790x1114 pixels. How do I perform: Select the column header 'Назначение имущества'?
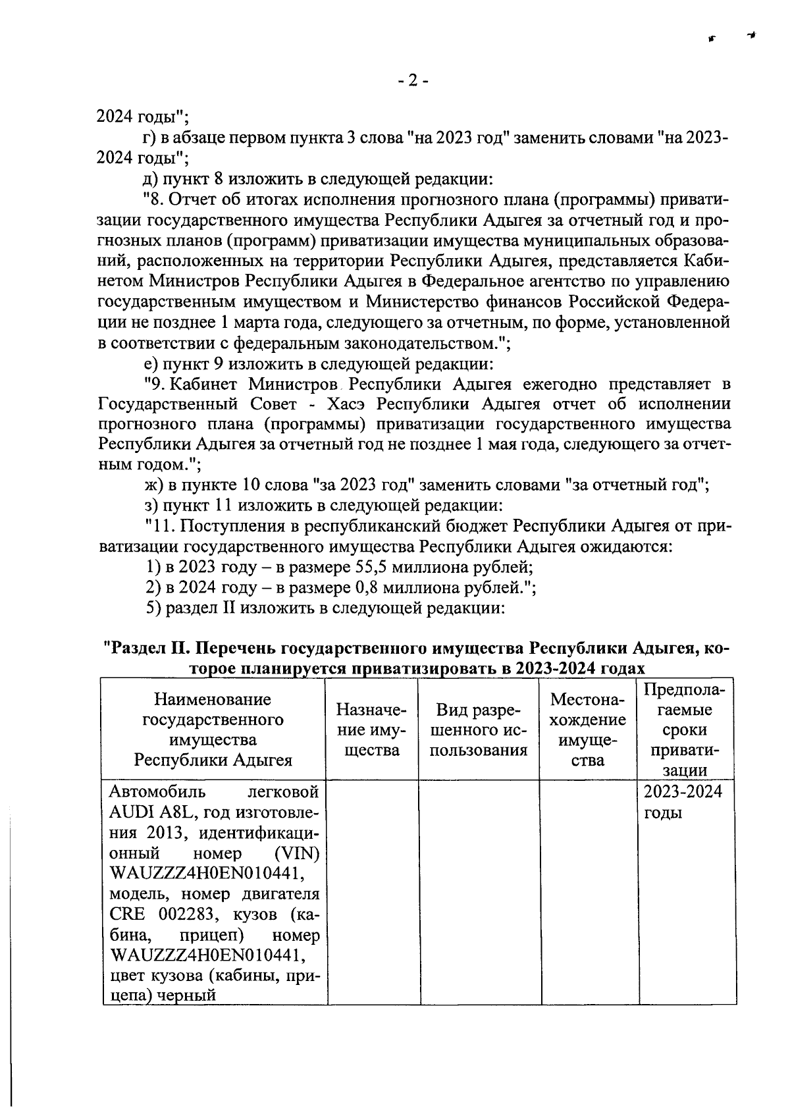click(x=372, y=729)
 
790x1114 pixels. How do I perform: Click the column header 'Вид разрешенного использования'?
click(x=479, y=729)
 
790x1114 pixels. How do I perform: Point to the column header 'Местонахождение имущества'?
click(x=588, y=729)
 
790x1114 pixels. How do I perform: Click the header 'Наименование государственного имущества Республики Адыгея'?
click(x=213, y=729)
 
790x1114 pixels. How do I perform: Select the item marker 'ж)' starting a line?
click(x=153, y=485)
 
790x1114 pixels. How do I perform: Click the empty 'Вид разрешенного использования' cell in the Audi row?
click(x=479, y=892)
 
